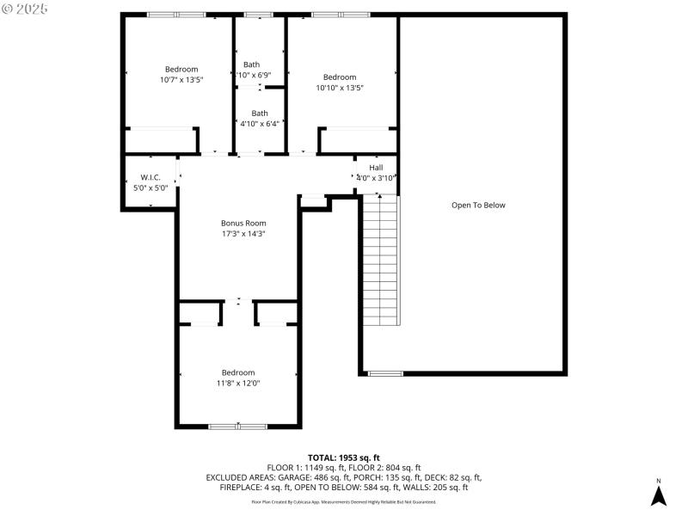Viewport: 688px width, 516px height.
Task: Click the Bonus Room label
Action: coord(243,223)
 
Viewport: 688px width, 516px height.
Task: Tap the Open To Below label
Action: coord(478,206)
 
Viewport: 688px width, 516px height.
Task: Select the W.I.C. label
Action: coord(150,177)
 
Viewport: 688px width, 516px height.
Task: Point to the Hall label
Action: coord(376,167)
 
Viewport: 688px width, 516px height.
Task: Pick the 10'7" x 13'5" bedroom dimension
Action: coord(181,80)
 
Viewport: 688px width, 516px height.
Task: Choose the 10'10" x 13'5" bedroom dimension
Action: coord(339,87)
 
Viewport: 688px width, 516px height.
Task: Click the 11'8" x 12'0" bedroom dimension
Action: coord(238,383)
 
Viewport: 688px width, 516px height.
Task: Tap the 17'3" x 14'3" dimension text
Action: coord(243,233)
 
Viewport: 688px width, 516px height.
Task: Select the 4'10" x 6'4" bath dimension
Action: coord(259,124)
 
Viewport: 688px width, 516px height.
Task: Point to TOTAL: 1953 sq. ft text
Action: coord(344,458)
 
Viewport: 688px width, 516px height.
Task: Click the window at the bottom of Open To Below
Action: coord(385,373)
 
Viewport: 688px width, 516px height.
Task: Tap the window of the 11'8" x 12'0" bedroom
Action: coord(238,426)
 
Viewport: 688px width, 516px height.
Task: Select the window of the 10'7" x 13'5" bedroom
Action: coord(175,15)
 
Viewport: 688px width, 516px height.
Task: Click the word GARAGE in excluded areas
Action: coord(300,477)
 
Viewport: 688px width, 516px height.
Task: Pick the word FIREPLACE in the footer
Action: coord(241,488)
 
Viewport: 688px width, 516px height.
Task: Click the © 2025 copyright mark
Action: coord(25,9)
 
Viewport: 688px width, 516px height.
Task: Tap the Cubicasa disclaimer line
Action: coord(344,501)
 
